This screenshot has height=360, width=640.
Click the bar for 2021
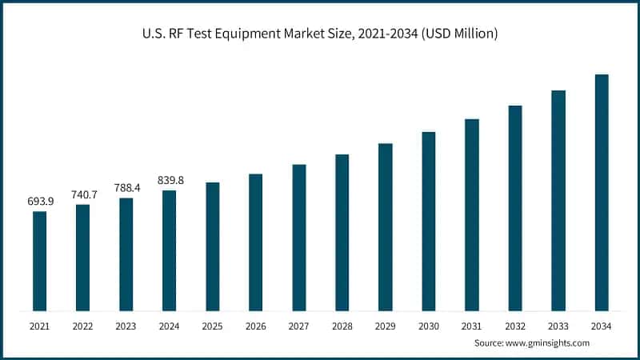click(x=39, y=261)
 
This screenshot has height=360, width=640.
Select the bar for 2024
click(x=169, y=250)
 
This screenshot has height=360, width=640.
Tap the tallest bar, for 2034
click(x=601, y=192)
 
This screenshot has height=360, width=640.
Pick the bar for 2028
click(x=342, y=232)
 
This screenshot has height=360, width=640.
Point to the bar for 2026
click(x=255, y=242)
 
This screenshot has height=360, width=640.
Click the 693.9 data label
click(x=39, y=200)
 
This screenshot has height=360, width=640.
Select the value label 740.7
click(x=82, y=194)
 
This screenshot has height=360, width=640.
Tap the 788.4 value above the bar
click(x=126, y=187)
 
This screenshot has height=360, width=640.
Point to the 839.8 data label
click(x=169, y=180)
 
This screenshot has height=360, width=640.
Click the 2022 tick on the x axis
click(x=82, y=326)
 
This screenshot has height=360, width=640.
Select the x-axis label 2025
click(x=212, y=326)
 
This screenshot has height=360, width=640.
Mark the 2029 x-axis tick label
click(x=385, y=326)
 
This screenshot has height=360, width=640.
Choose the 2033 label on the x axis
click(x=558, y=326)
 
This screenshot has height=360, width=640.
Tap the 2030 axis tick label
click(x=428, y=326)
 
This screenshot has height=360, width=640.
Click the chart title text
click(x=320, y=33)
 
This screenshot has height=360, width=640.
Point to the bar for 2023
click(x=126, y=254)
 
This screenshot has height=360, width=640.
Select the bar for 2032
click(x=514, y=208)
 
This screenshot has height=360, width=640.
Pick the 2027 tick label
click(x=298, y=326)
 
